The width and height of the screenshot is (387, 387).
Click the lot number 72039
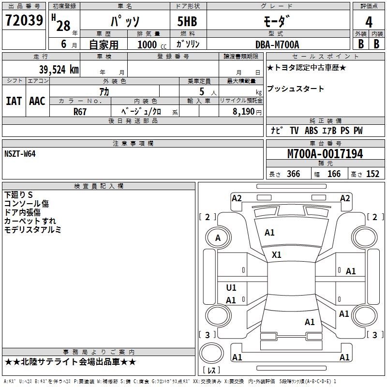point(24,21)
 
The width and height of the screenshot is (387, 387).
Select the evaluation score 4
point(369,22)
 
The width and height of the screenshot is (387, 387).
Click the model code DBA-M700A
point(277,45)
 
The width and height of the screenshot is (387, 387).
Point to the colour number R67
point(80,111)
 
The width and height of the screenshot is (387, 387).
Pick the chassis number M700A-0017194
point(325,154)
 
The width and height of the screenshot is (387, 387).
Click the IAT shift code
point(14,101)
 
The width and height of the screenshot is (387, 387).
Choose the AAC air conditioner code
point(37,101)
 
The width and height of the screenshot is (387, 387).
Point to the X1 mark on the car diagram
point(277,254)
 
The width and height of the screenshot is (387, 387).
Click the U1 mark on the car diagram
point(231,288)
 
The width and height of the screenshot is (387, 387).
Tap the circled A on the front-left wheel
point(218,238)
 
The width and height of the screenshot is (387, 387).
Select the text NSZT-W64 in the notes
point(20,153)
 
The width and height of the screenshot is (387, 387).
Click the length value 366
point(293,174)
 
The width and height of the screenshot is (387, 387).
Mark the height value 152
point(372,174)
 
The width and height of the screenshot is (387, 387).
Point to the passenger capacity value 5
point(201,91)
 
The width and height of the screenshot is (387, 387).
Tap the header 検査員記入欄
point(99,186)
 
